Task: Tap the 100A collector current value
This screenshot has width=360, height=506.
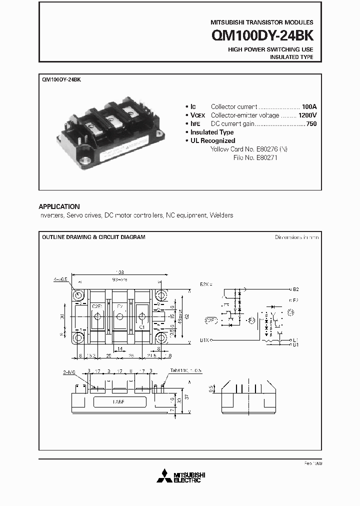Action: tap(309, 107)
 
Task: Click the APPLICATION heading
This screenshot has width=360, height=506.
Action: tap(59, 206)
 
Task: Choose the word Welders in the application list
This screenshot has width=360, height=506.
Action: tap(221, 215)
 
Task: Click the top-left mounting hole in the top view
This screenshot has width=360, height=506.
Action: tap(79, 295)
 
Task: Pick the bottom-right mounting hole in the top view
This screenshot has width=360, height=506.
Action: tap(162, 338)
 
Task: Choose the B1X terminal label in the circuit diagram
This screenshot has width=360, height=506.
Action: tap(204, 340)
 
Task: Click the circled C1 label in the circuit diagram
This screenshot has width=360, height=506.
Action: tap(294, 313)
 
